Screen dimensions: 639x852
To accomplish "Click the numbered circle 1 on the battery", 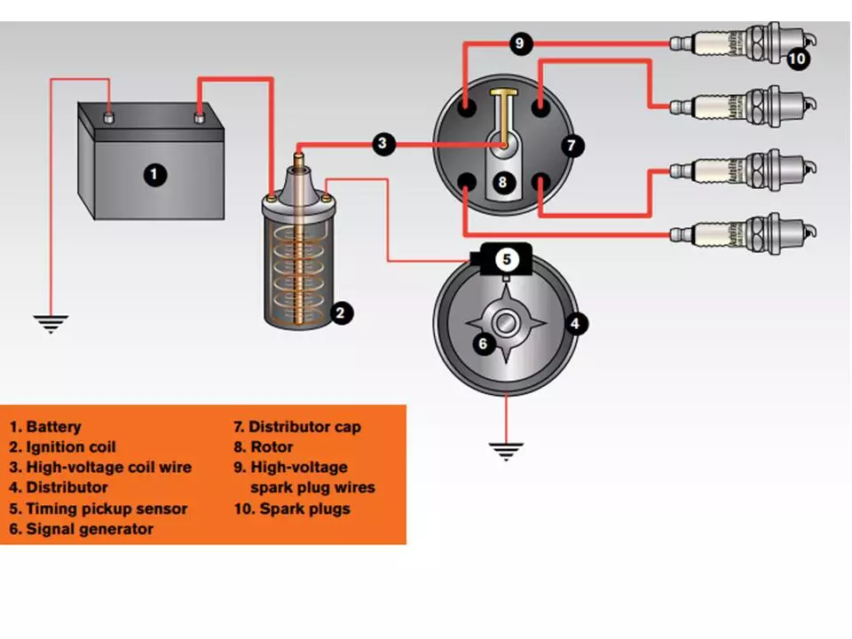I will point(155,174).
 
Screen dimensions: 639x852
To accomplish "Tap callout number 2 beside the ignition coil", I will point(340,312).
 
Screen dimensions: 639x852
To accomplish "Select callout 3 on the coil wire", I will point(383,144).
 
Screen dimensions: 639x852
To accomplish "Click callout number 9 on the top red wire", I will point(522,43).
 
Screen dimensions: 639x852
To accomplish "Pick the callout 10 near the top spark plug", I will point(797,59).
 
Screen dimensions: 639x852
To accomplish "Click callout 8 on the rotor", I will point(503,183).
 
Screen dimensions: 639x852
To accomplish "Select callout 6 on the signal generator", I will point(483,343).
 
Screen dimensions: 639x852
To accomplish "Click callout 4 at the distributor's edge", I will point(576,323).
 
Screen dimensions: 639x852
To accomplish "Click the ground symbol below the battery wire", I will point(51,323).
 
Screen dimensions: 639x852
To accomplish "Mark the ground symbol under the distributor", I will point(506,451).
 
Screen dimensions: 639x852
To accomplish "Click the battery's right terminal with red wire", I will point(199,114).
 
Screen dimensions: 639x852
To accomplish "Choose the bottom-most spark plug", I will point(741,233).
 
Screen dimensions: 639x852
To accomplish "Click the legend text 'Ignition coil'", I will point(71,446).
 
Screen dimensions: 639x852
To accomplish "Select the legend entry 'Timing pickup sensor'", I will point(106,509).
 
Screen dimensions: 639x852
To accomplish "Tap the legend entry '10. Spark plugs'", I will point(292,509).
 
